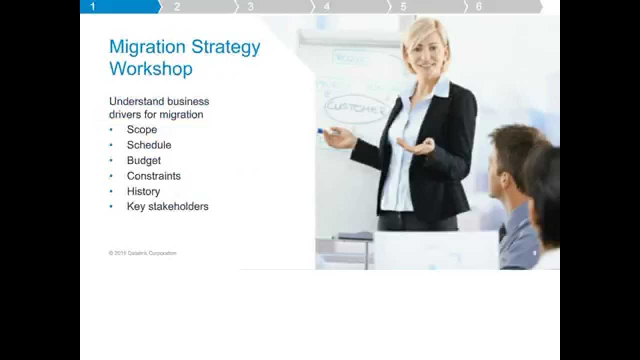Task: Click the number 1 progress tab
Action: click(119, 6)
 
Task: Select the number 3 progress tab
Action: click(272, 6)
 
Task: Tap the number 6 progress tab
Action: click(502, 6)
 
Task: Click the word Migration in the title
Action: click(147, 47)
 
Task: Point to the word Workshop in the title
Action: click(150, 68)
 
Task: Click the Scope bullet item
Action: click(142, 129)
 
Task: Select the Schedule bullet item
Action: click(149, 145)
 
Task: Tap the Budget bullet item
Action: click(144, 160)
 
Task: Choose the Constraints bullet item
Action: click(153, 176)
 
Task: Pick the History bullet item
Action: click(143, 191)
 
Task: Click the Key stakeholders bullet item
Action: click(167, 206)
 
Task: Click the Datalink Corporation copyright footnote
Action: click(142, 253)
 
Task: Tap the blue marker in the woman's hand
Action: click(321, 131)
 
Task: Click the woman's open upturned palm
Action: click(416, 146)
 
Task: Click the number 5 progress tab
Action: click(426, 6)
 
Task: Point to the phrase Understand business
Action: click(159, 101)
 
